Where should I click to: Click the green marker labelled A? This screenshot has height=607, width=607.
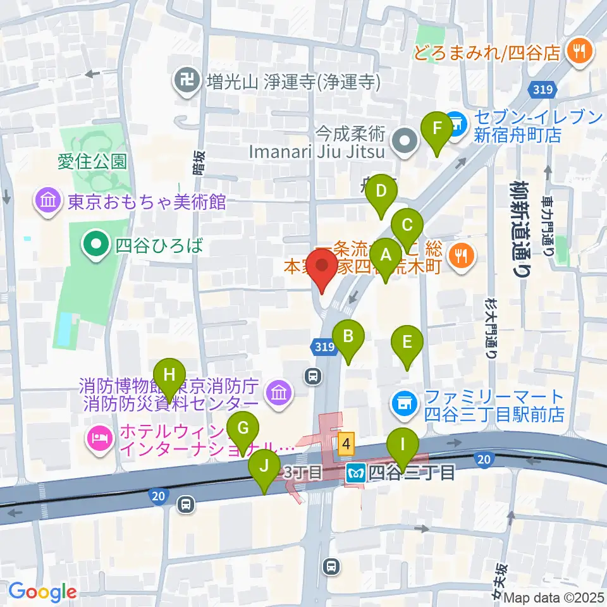386,257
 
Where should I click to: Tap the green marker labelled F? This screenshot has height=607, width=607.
436,130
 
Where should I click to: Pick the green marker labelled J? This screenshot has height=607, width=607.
265,469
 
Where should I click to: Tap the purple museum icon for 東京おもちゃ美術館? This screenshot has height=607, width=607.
49,202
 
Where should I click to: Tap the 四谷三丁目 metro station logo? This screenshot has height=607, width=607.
353,472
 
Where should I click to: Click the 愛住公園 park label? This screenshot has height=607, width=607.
92,161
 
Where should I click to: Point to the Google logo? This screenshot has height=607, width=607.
42,592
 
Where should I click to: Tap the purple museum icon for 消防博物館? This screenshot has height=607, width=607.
277,394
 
